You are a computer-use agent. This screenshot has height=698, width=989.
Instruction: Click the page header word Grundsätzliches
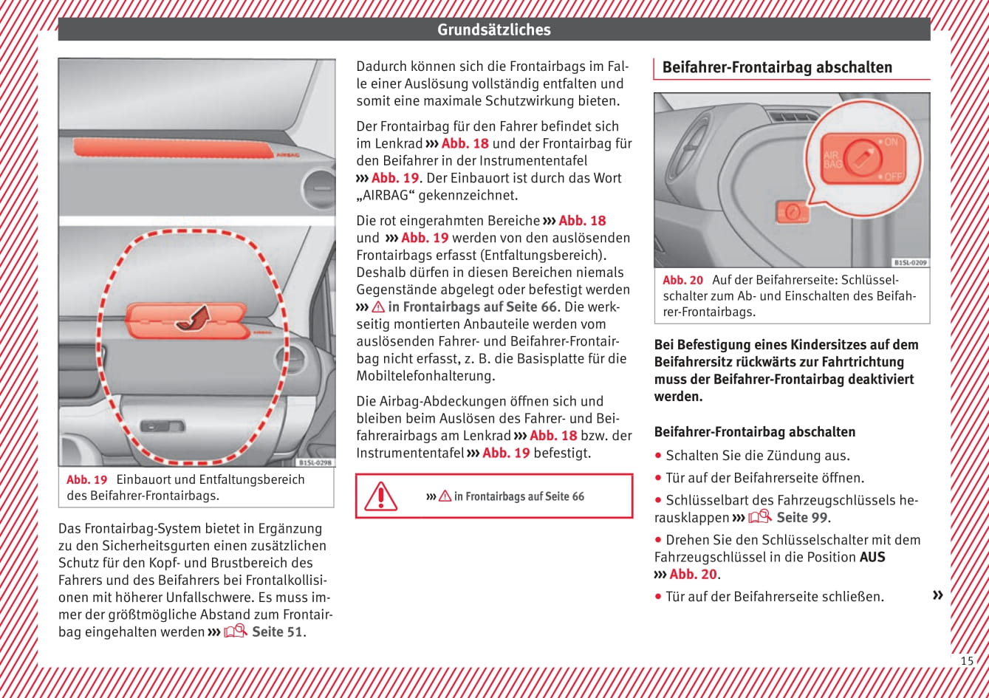click(x=493, y=30)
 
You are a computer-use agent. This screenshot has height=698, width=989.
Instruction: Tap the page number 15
click(x=966, y=660)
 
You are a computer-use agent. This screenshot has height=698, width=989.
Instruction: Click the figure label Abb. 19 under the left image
click(x=87, y=479)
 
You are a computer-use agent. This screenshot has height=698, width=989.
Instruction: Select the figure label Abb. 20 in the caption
click(x=683, y=280)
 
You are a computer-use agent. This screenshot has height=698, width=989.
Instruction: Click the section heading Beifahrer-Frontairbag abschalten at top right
click(x=777, y=67)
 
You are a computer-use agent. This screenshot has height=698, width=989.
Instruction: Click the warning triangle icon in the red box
click(x=380, y=496)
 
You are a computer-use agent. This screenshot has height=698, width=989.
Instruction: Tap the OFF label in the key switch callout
click(x=893, y=177)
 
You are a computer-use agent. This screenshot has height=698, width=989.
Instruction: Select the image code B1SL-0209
click(x=910, y=262)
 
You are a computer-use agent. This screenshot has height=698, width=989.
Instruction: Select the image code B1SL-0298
click(x=315, y=462)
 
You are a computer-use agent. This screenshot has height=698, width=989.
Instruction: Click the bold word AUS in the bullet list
click(x=872, y=557)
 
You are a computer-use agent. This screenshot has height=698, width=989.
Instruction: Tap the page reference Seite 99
click(x=802, y=518)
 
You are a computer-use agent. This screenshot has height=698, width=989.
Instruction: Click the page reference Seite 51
click(x=277, y=632)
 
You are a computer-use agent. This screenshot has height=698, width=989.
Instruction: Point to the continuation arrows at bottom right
click(x=937, y=595)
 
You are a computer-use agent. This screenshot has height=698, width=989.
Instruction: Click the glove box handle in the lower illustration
click(x=162, y=426)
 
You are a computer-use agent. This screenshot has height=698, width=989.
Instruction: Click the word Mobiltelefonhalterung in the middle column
click(x=418, y=376)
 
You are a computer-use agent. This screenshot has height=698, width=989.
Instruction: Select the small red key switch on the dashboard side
click(x=790, y=212)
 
